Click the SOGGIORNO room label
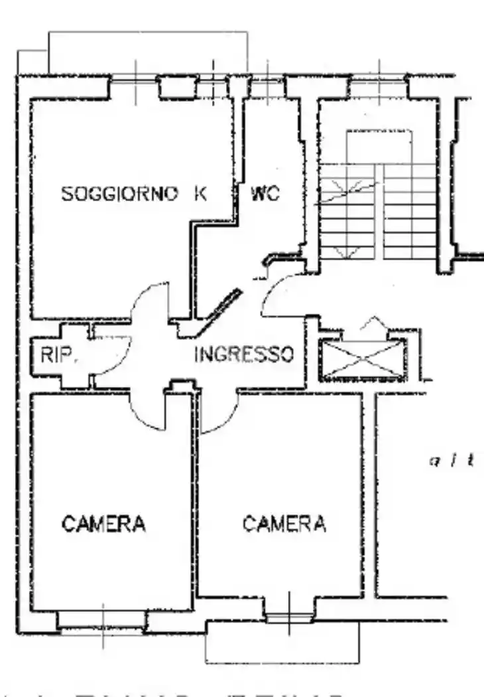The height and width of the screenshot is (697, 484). pyautogui.click(x=119, y=194)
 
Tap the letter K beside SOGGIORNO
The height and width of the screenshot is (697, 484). pyautogui.click(x=200, y=194)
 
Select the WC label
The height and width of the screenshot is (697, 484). pyautogui.click(x=265, y=194)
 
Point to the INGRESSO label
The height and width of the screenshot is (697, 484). pyautogui.click(x=244, y=354)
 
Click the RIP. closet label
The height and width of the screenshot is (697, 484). pyautogui.click(x=59, y=355)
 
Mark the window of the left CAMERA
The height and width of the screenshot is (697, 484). pyautogui.click(x=101, y=620)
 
